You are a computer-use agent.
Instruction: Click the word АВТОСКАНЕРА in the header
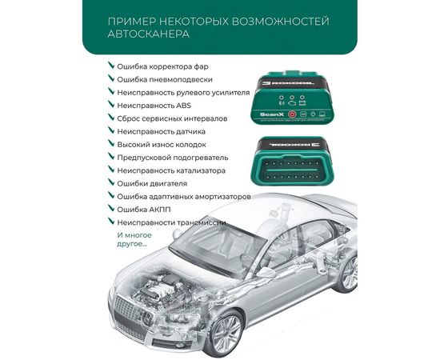pyautogui.click(x=146, y=35)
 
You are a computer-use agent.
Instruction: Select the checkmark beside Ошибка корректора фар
pyautogui.click(x=110, y=66)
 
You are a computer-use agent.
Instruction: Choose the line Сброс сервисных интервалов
pyautogui.click(x=171, y=118)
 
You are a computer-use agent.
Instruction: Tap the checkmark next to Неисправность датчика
pyautogui.click(x=110, y=131)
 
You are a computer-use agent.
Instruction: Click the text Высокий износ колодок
pyautogui.click(x=162, y=145)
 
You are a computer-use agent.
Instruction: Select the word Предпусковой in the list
pyautogui.click(x=144, y=158)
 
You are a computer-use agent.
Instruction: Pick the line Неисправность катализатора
pyautogui.click(x=170, y=170)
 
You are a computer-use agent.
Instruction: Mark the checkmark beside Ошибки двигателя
pyautogui.click(x=110, y=183)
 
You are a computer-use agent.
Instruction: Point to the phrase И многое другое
pyautogui.click(x=133, y=240)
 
